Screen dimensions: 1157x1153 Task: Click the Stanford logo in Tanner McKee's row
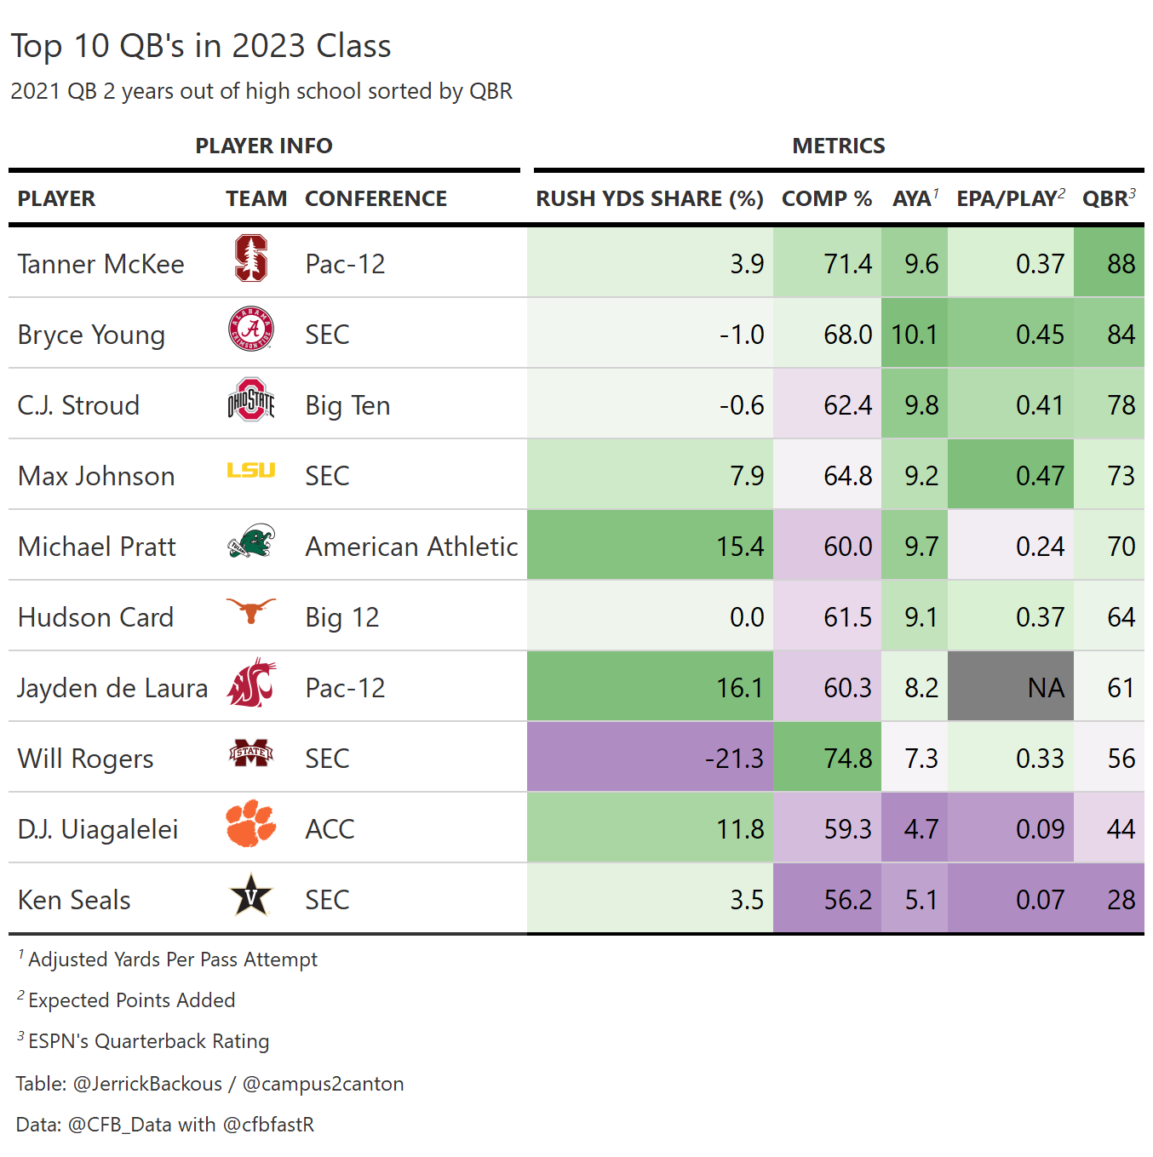click(x=251, y=259)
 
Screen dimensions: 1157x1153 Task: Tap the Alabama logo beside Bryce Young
click(x=251, y=329)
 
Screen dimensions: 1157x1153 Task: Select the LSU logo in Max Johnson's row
click(x=251, y=470)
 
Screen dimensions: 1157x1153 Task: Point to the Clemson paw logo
click(x=251, y=824)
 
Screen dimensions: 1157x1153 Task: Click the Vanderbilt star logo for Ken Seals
click(x=251, y=896)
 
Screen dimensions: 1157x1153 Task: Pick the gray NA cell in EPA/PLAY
click(x=1011, y=687)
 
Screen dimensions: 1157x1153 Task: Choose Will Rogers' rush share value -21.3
click(x=734, y=758)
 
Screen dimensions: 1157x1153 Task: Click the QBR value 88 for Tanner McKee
click(x=1121, y=264)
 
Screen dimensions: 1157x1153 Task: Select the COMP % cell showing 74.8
click(x=847, y=758)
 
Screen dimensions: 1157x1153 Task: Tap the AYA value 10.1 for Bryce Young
click(x=915, y=335)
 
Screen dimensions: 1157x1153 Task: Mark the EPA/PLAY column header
click(x=1010, y=198)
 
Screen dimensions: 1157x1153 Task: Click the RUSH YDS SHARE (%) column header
click(x=649, y=198)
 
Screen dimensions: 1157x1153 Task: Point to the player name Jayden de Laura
click(x=112, y=688)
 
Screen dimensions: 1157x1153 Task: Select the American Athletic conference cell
click(x=411, y=547)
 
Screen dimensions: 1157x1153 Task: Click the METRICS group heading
click(x=839, y=146)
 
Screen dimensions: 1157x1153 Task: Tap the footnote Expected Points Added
click(x=131, y=1000)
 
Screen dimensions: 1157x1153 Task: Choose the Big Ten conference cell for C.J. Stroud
click(x=347, y=405)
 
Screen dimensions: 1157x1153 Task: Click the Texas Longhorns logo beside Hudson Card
click(x=251, y=610)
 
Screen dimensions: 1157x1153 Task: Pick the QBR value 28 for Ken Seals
click(x=1121, y=900)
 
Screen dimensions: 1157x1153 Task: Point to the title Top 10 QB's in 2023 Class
click(x=201, y=46)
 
